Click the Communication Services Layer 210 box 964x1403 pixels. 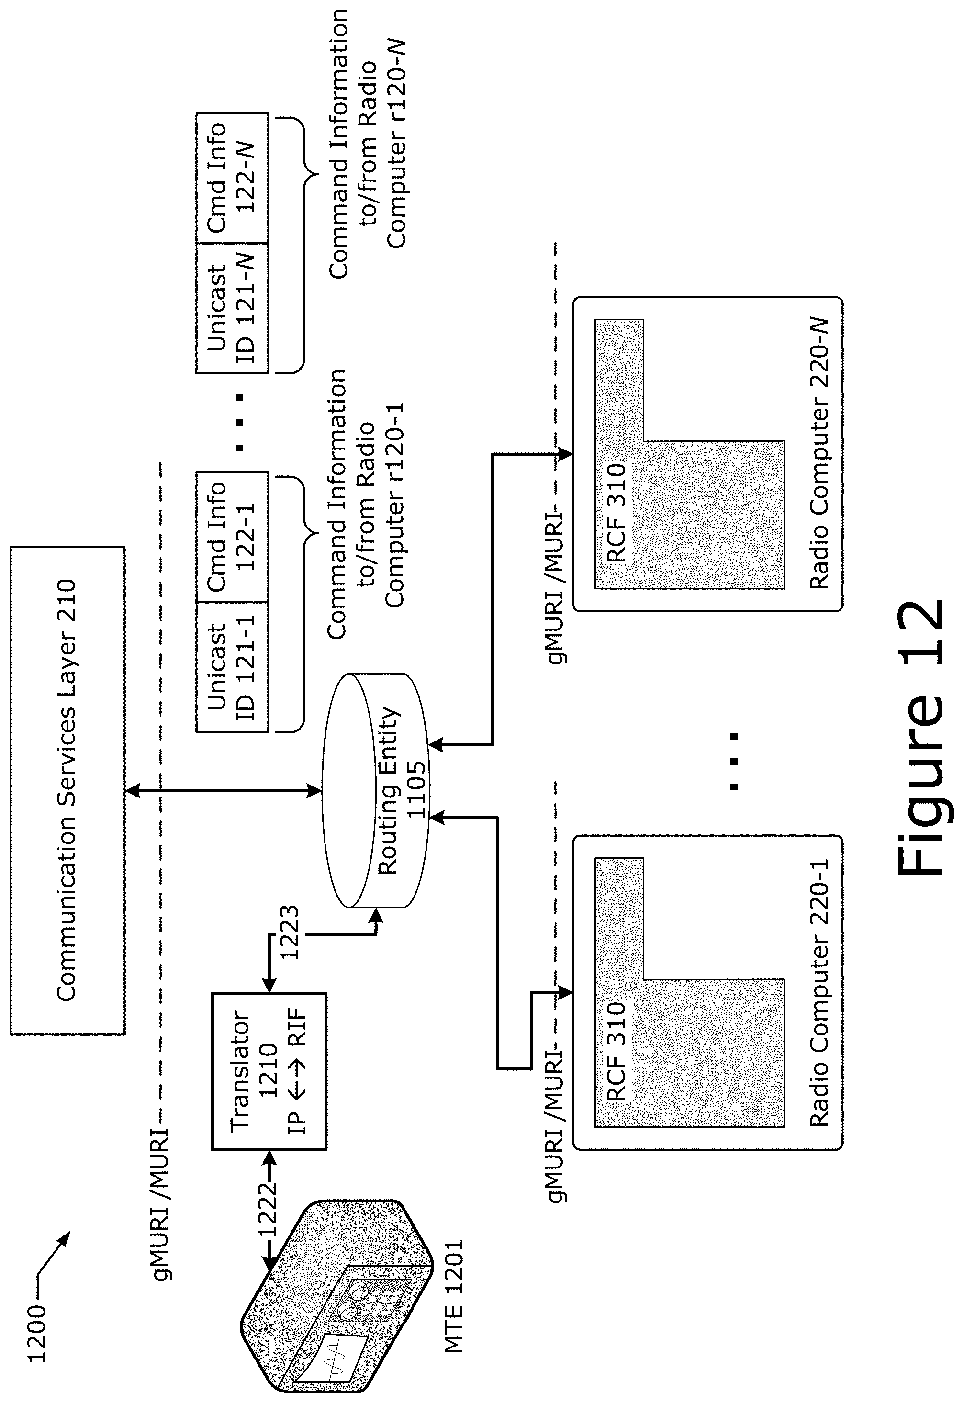(67, 791)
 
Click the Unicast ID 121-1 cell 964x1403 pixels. (232, 667)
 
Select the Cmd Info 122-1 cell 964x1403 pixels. (232, 536)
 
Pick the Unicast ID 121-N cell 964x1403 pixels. (232, 308)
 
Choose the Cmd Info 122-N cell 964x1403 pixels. (232, 178)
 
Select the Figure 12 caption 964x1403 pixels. (920, 737)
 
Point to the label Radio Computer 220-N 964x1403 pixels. (819, 453)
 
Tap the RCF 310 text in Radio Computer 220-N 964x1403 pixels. (617, 513)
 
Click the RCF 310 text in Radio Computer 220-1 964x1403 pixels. (617, 1051)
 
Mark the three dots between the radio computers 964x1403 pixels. (734, 762)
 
